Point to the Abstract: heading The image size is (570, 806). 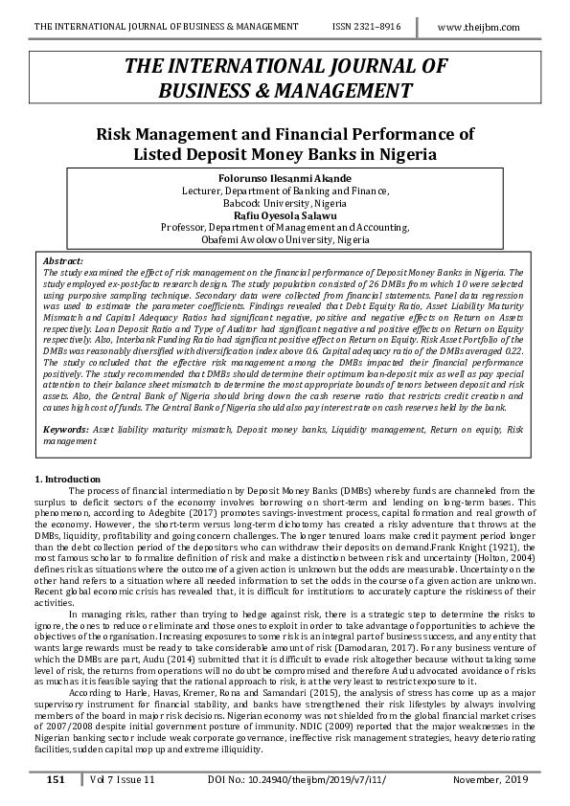point(64,260)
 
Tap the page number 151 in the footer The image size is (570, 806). point(56,781)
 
